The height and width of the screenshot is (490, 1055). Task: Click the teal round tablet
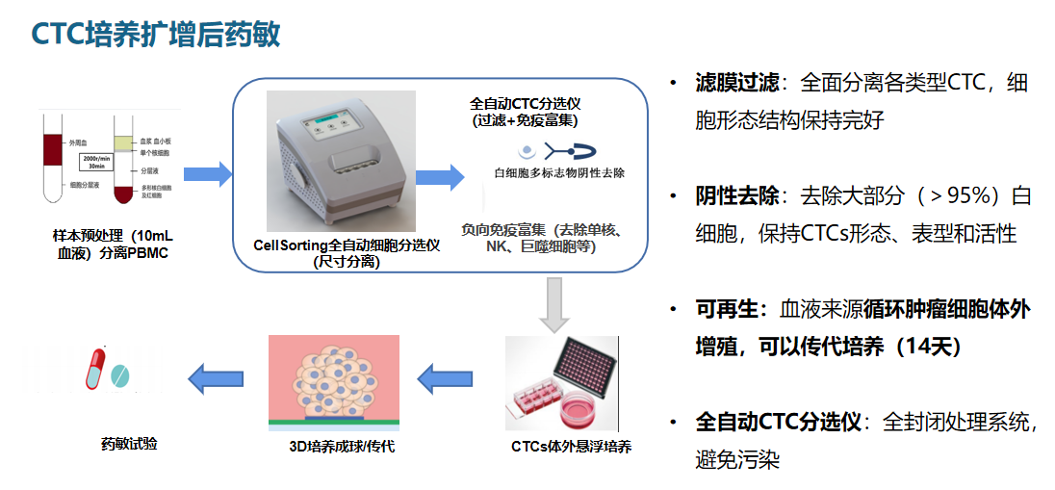pyautogui.click(x=120, y=374)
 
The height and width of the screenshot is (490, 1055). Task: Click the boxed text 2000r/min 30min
pyautogui.click(x=94, y=162)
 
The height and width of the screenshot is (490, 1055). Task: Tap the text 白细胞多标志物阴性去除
pyautogui.click(x=558, y=174)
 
